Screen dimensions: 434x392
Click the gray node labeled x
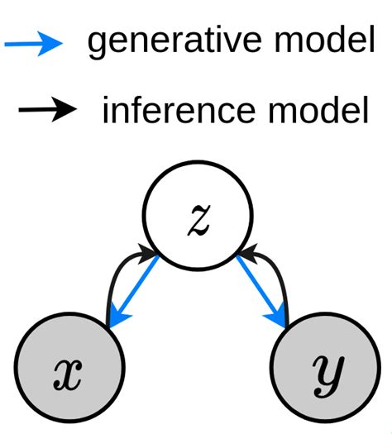coord(70,373)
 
